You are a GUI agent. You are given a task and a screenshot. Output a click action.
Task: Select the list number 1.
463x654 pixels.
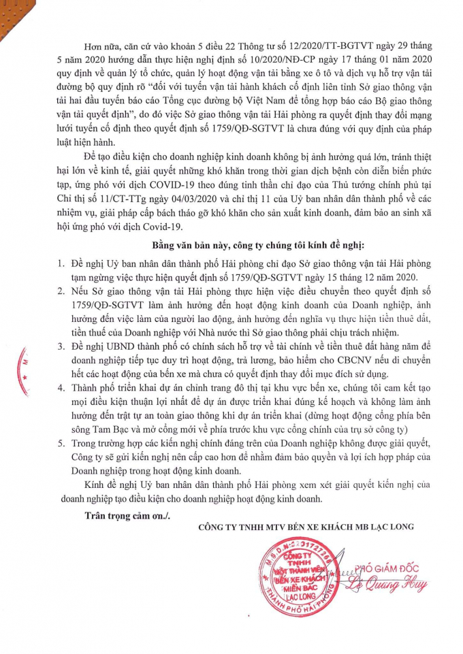61,262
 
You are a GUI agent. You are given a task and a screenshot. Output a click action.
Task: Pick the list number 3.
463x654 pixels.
61,348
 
